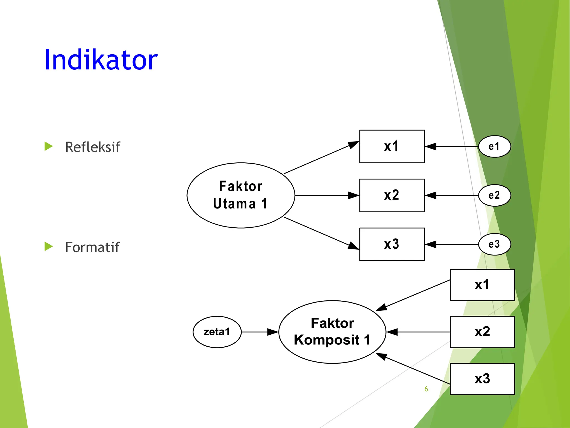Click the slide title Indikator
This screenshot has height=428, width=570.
(x=101, y=60)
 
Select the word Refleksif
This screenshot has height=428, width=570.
(x=92, y=147)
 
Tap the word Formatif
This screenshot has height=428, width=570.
(x=92, y=247)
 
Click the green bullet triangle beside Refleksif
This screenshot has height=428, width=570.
(x=48, y=146)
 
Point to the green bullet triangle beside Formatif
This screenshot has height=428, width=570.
(x=48, y=246)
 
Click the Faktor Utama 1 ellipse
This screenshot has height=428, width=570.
(x=241, y=195)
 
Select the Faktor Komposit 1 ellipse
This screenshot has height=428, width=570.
(x=332, y=332)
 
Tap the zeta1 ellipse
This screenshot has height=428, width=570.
(x=217, y=332)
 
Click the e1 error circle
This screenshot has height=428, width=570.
(x=494, y=146)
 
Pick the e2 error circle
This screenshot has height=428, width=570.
(x=494, y=195)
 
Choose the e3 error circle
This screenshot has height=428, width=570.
(x=494, y=244)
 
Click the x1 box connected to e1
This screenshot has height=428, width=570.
(x=392, y=146)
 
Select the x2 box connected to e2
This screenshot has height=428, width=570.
(x=392, y=195)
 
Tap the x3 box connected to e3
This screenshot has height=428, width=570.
(x=392, y=244)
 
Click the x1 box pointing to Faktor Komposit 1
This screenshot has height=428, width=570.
(x=482, y=285)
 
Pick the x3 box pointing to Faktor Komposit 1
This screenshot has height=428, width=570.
(x=482, y=379)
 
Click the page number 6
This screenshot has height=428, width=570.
(x=426, y=389)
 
